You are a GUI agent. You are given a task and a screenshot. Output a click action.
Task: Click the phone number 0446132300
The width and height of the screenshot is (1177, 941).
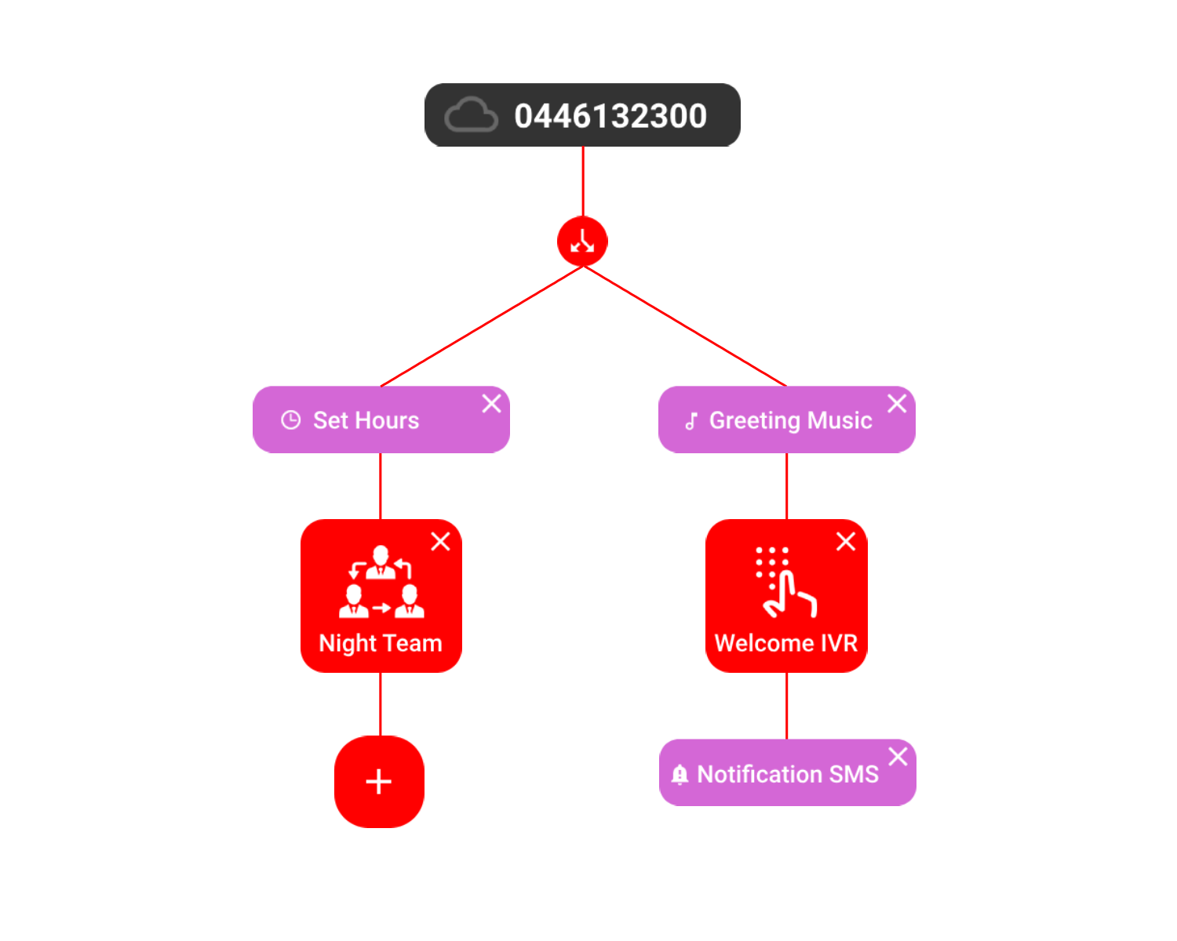tap(610, 116)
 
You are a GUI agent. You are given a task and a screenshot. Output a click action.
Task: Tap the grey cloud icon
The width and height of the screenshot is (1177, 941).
tap(471, 115)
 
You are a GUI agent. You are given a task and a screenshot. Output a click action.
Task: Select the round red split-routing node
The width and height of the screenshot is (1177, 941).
tap(582, 242)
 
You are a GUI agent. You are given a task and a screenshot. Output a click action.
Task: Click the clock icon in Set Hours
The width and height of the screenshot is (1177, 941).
tap(290, 420)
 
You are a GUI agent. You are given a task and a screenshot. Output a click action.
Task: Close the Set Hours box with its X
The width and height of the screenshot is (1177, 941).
tap(491, 404)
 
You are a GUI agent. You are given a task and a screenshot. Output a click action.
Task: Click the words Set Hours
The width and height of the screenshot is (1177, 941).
tap(366, 420)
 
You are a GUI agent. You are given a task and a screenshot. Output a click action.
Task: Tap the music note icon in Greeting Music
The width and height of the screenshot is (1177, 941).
tap(691, 421)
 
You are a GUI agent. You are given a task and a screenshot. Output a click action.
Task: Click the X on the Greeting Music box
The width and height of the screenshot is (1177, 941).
tap(897, 404)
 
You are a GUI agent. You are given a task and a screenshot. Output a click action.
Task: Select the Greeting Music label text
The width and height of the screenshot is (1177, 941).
tap(790, 420)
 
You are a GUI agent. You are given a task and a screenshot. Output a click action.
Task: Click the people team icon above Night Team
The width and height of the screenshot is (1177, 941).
tap(381, 582)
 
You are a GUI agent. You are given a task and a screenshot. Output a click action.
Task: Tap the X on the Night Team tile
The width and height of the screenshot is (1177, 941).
tap(440, 542)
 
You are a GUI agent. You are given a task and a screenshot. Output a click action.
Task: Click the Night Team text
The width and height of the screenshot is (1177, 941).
tap(381, 643)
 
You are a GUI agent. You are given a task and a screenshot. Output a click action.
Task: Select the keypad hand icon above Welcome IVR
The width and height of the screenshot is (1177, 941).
tap(785, 582)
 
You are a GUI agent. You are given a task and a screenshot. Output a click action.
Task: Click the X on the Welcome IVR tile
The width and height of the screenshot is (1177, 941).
tap(846, 542)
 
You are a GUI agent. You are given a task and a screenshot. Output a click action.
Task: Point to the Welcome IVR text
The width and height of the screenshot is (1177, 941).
tap(786, 643)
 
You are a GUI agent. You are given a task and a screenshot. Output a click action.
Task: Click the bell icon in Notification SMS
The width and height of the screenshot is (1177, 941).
tap(680, 775)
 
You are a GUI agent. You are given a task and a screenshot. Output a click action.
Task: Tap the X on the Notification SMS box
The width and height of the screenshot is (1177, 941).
tap(898, 757)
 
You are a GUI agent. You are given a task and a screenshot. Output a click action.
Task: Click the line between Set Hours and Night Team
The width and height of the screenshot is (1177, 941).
tap(381, 486)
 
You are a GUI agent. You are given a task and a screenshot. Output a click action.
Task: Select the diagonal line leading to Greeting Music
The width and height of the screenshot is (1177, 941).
tap(684, 326)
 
